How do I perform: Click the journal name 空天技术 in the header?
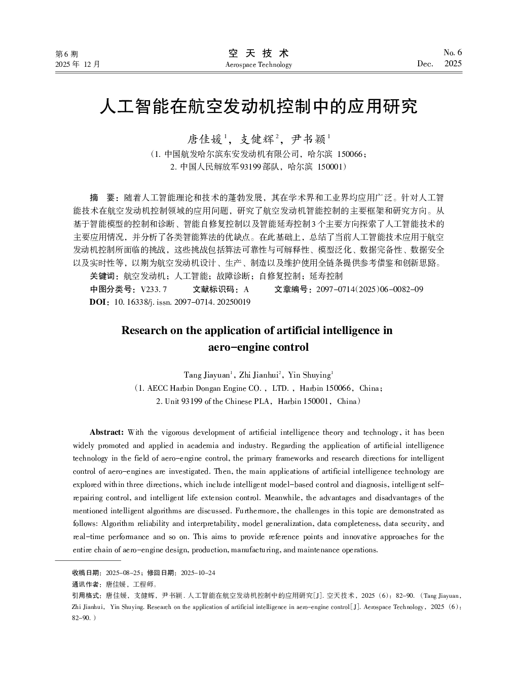coord(258,53)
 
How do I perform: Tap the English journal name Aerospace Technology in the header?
coord(258,65)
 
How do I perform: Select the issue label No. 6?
coord(453,53)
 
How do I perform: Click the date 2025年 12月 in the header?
coord(78,64)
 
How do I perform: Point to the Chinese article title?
coord(258,107)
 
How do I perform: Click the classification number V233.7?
coord(154,289)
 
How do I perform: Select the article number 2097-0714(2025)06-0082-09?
coord(370,289)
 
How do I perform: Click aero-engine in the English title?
coord(235,348)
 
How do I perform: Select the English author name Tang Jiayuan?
coord(207,375)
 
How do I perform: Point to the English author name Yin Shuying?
coord(309,375)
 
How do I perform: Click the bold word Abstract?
coord(106,432)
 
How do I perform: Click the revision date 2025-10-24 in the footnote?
coord(198,572)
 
